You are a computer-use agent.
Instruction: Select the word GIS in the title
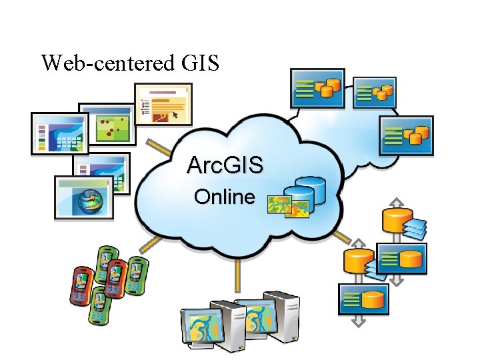tap(199, 63)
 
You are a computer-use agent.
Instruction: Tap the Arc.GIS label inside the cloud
tap(225, 165)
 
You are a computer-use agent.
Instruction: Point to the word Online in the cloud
tap(224, 197)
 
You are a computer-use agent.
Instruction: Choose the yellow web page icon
tap(163, 104)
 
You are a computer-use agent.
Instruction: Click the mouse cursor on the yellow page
tap(175, 115)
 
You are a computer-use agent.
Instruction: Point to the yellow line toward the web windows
tap(157, 146)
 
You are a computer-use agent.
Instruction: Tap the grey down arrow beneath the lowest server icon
tap(359, 321)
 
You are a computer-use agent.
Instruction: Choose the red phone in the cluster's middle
tap(117, 274)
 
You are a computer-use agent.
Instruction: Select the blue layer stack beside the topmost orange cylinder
tap(414, 227)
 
